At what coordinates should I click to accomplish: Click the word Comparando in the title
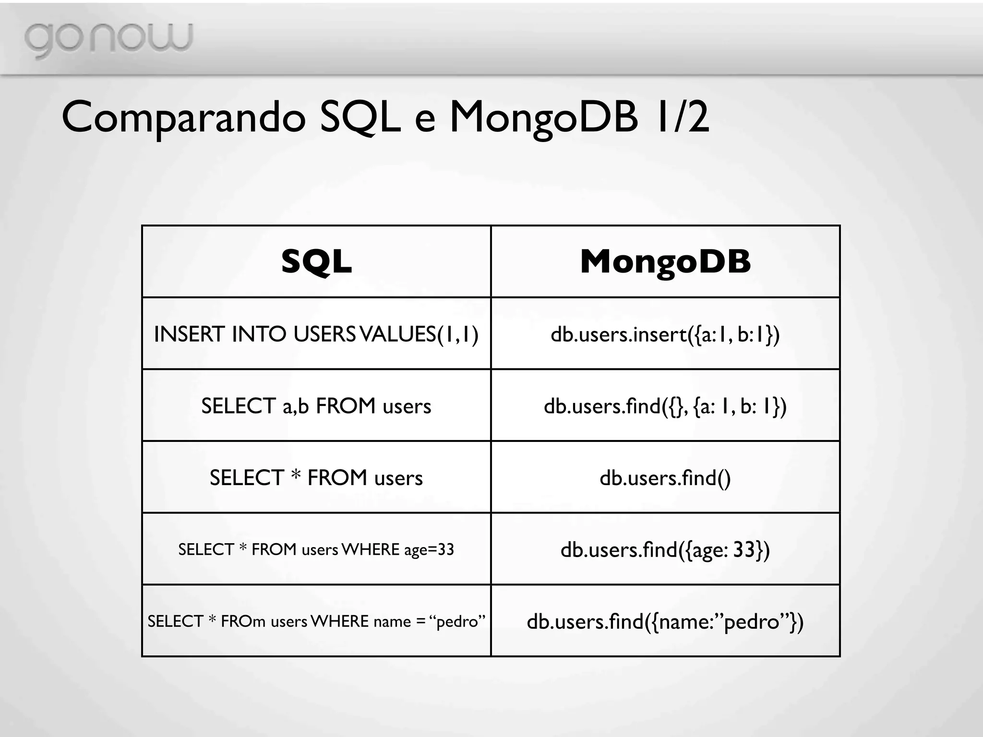pos(183,118)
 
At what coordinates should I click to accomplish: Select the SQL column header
pos(316,262)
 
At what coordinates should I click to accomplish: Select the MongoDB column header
pos(665,262)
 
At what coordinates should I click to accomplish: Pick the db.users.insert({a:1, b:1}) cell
pos(665,334)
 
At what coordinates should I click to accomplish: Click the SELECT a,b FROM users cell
pos(316,406)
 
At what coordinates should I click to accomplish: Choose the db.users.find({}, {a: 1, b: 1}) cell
pos(665,406)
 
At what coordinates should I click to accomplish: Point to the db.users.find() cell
pos(665,478)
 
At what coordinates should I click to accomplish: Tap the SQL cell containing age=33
pos(316,549)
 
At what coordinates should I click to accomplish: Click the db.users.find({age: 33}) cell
pos(665,549)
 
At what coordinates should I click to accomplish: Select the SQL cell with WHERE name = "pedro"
pos(316,621)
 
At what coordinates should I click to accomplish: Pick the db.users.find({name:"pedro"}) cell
pos(665,621)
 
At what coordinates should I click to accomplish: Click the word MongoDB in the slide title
pos(543,118)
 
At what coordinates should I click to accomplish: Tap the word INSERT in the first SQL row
pos(189,334)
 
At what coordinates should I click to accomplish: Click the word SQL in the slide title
pos(360,118)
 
